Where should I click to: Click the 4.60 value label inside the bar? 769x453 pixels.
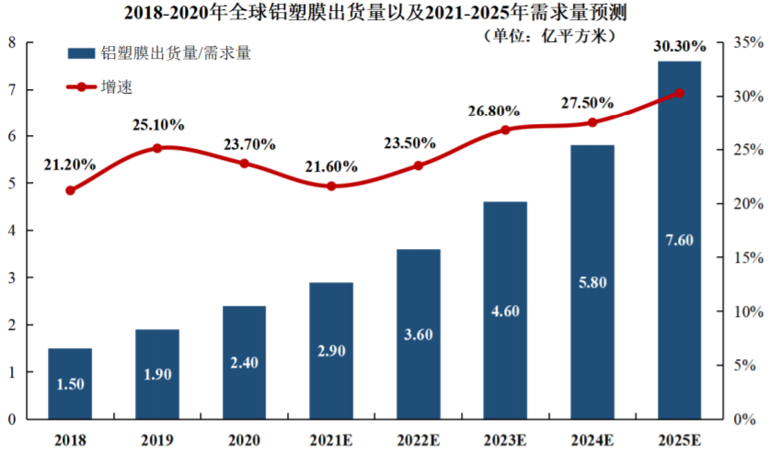point(505,311)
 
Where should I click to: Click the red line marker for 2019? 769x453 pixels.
point(157,148)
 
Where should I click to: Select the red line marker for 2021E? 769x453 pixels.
point(331,186)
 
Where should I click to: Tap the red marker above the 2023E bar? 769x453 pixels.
point(505,130)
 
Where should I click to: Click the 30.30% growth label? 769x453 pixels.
point(680,46)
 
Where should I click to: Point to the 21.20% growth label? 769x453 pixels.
point(70,164)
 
